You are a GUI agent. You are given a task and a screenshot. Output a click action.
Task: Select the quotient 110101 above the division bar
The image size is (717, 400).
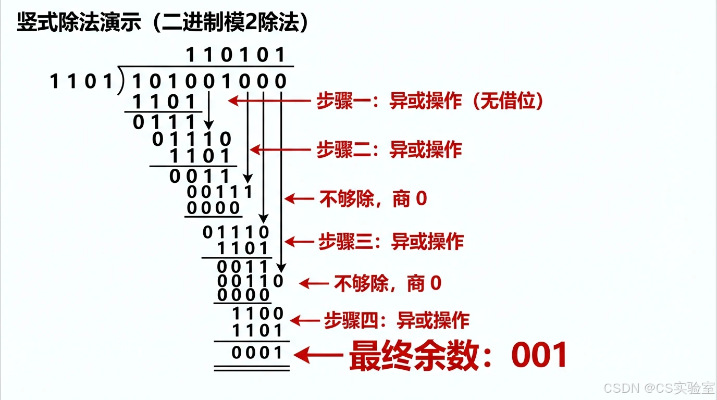click(x=236, y=54)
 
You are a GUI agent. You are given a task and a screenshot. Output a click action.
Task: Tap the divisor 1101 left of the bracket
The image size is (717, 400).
click(x=81, y=82)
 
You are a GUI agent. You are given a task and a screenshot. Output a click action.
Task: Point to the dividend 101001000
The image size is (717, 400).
click(x=209, y=82)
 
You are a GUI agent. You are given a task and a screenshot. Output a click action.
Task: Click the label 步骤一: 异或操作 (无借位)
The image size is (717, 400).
click(x=430, y=101)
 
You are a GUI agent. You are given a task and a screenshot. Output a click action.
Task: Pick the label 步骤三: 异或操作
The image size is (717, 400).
click(x=391, y=241)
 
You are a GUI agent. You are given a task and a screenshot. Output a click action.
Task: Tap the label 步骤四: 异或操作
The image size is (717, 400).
click(x=397, y=320)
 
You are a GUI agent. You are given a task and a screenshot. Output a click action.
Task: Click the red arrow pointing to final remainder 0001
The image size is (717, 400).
click(x=318, y=356)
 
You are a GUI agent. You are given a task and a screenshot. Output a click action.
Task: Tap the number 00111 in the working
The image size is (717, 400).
click(x=220, y=192)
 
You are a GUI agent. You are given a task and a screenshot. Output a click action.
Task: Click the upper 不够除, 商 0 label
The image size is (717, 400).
click(x=373, y=198)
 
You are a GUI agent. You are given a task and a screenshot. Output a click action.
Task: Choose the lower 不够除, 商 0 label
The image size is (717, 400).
click(x=387, y=283)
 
